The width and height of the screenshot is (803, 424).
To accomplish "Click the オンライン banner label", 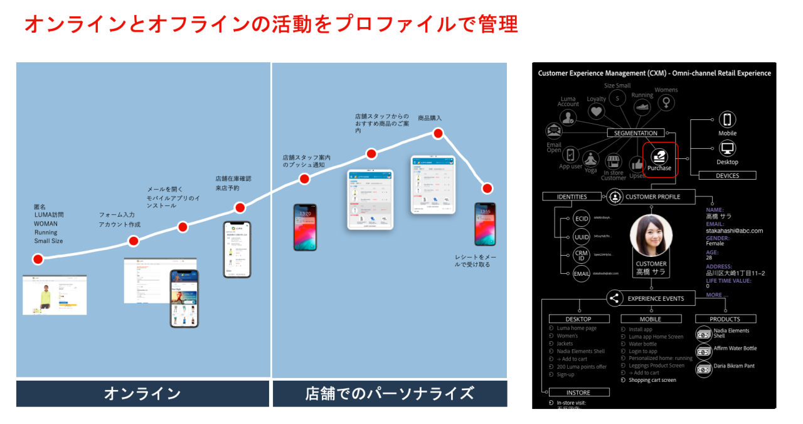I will [142, 394].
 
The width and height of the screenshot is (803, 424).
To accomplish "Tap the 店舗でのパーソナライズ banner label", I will [390, 394].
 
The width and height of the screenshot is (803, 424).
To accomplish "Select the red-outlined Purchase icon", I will [659, 160].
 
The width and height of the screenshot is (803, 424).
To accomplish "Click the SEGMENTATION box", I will [635, 133].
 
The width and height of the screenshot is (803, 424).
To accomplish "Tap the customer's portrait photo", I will [651, 236].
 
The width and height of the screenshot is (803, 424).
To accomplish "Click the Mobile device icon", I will [727, 120].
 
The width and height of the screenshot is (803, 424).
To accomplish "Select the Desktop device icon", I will [727, 149].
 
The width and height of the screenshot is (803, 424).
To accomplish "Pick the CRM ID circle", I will [581, 256].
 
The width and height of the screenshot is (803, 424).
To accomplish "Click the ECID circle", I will [581, 219].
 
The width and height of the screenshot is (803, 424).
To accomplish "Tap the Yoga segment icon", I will [590, 159].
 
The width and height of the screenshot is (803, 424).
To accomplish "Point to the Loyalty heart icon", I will [596, 111].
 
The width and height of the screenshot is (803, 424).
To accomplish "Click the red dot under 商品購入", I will [438, 133].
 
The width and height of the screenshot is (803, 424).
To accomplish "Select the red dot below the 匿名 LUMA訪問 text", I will [38, 259].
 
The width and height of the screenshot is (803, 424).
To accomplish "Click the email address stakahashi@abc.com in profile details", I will [735, 231].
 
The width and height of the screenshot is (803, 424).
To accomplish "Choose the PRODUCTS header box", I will [725, 319].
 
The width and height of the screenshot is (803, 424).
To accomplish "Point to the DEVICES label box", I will [727, 176].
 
